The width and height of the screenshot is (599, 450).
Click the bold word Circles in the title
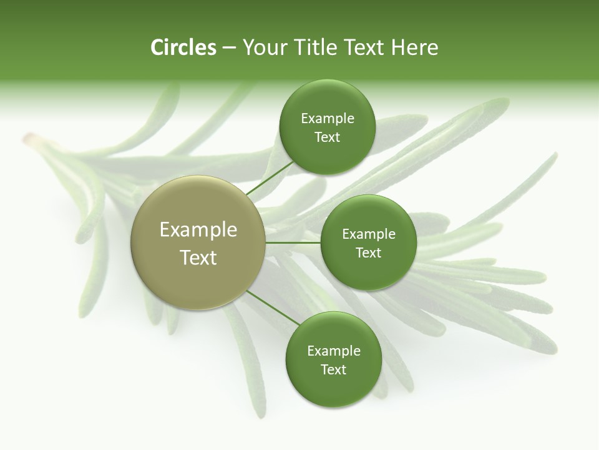[183, 47]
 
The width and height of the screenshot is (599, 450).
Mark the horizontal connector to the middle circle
[293, 242]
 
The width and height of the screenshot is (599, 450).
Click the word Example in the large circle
[198, 230]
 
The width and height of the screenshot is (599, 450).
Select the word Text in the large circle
[198, 257]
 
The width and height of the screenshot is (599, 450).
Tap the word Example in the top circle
[327, 119]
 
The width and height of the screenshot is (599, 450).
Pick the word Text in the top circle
[327, 137]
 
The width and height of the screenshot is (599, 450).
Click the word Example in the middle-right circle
[368, 234]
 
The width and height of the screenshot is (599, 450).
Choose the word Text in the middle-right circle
[368, 253]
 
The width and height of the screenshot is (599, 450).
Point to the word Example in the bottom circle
[333, 351]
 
